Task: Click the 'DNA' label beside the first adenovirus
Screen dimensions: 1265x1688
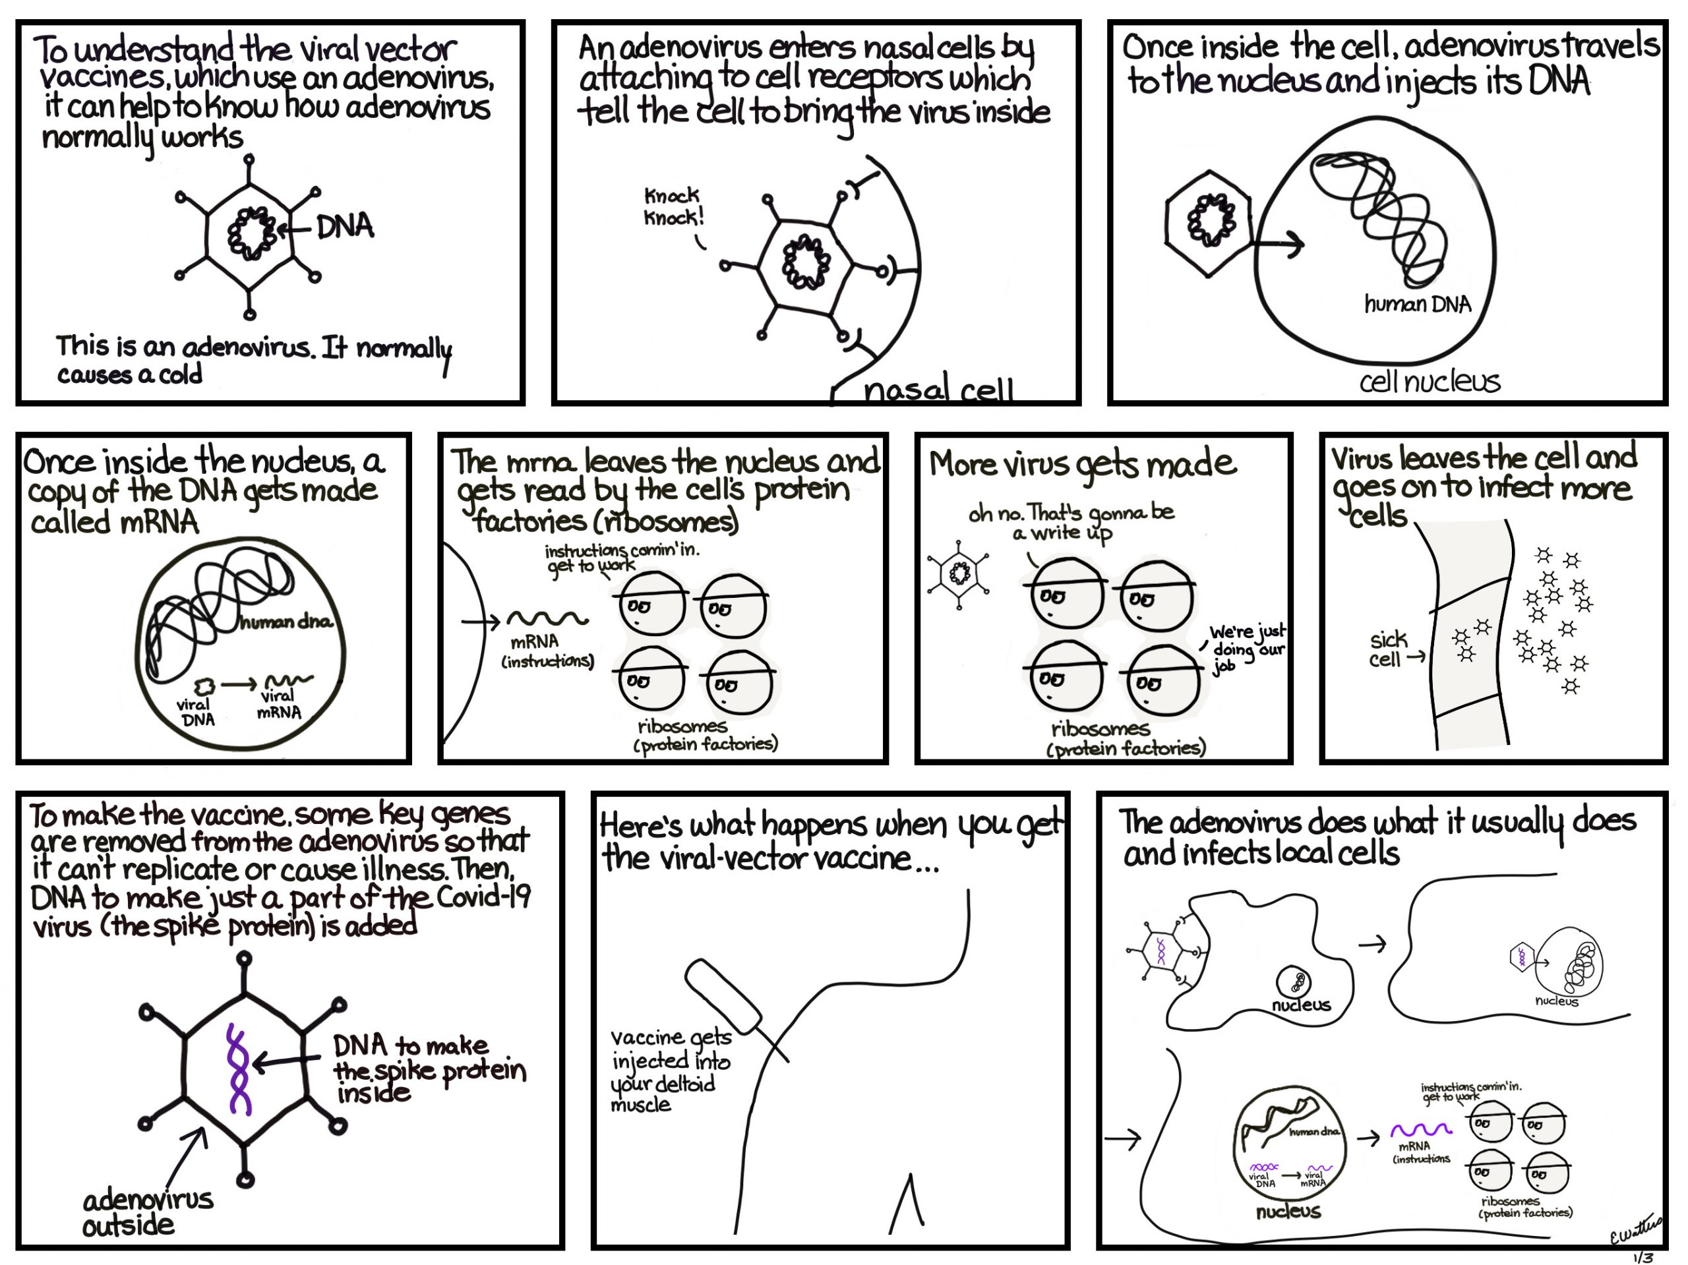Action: (x=344, y=227)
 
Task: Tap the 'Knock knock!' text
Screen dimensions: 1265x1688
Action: (x=673, y=207)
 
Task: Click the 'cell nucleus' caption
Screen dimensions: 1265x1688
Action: (x=1429, y=381)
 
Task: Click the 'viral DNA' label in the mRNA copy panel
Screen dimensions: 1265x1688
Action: (x=195, y=712)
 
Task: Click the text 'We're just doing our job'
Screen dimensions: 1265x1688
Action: (x=1246, y=648)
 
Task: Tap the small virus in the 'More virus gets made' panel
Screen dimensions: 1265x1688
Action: (x=959, y=573)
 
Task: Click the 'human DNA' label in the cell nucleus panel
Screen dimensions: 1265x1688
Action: (x=1417, y=305)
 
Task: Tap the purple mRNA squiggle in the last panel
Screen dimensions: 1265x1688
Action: (x=1420, y=1129)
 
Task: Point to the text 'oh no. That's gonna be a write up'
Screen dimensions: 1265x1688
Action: (x=1070, y=522)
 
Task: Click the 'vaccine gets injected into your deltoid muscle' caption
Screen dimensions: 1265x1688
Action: (x=669, y=1071)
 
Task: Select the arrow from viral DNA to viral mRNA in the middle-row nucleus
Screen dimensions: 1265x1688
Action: (x=239, y=684)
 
